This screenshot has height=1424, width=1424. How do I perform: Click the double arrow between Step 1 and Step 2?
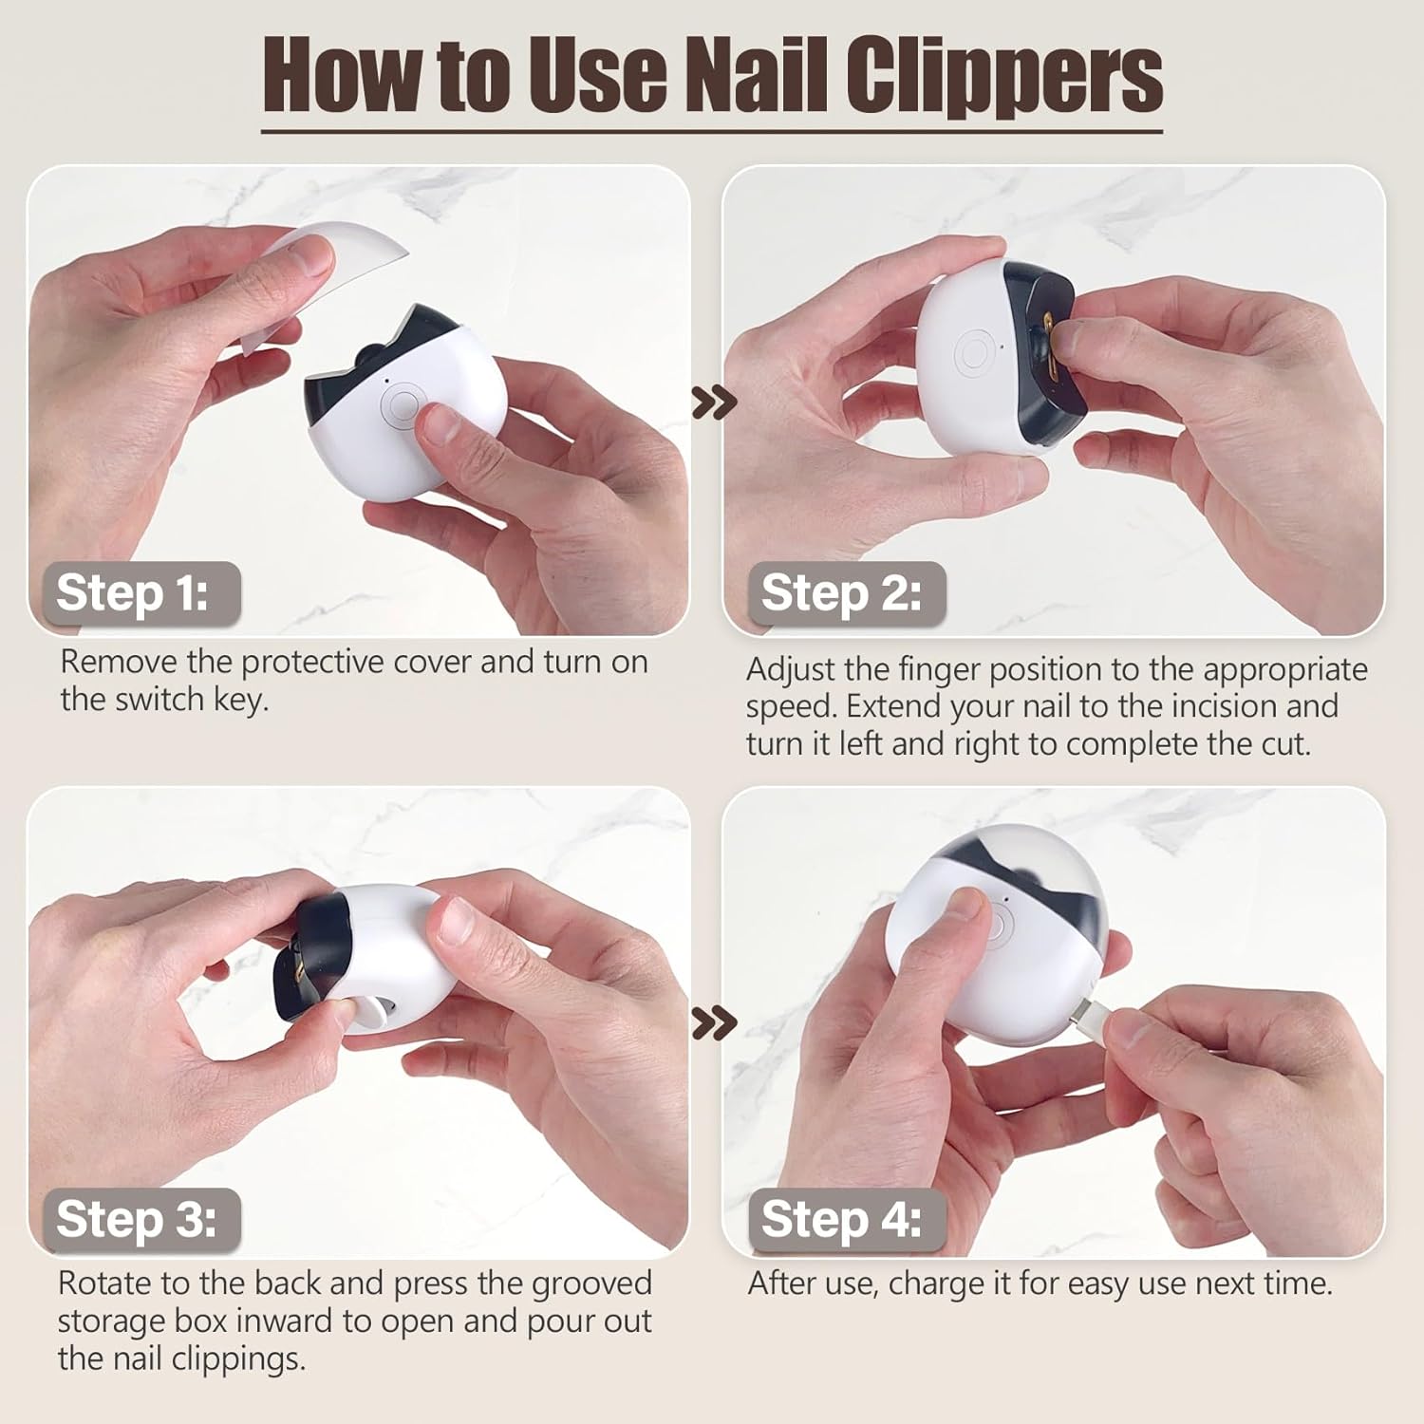click(714, 403)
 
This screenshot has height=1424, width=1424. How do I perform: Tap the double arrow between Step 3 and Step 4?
click(714, 1023)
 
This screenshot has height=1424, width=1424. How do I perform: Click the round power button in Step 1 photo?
click(399, 404)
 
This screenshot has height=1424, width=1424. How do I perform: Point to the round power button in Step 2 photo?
click(974, 353)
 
